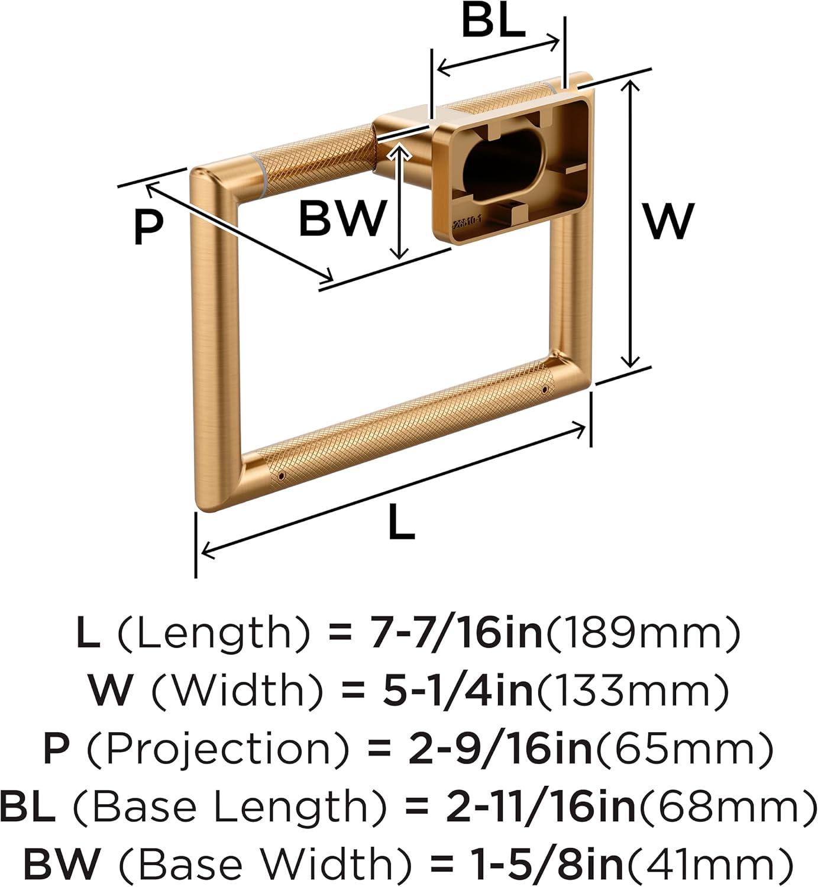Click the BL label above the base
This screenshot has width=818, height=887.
493,21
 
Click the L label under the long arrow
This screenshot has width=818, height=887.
402,521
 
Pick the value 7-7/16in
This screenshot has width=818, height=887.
455,635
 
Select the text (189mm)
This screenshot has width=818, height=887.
644,635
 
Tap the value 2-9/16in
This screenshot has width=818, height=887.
500,747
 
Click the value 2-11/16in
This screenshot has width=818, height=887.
541,804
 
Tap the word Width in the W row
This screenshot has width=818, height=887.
237,691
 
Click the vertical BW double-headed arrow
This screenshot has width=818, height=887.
399,201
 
